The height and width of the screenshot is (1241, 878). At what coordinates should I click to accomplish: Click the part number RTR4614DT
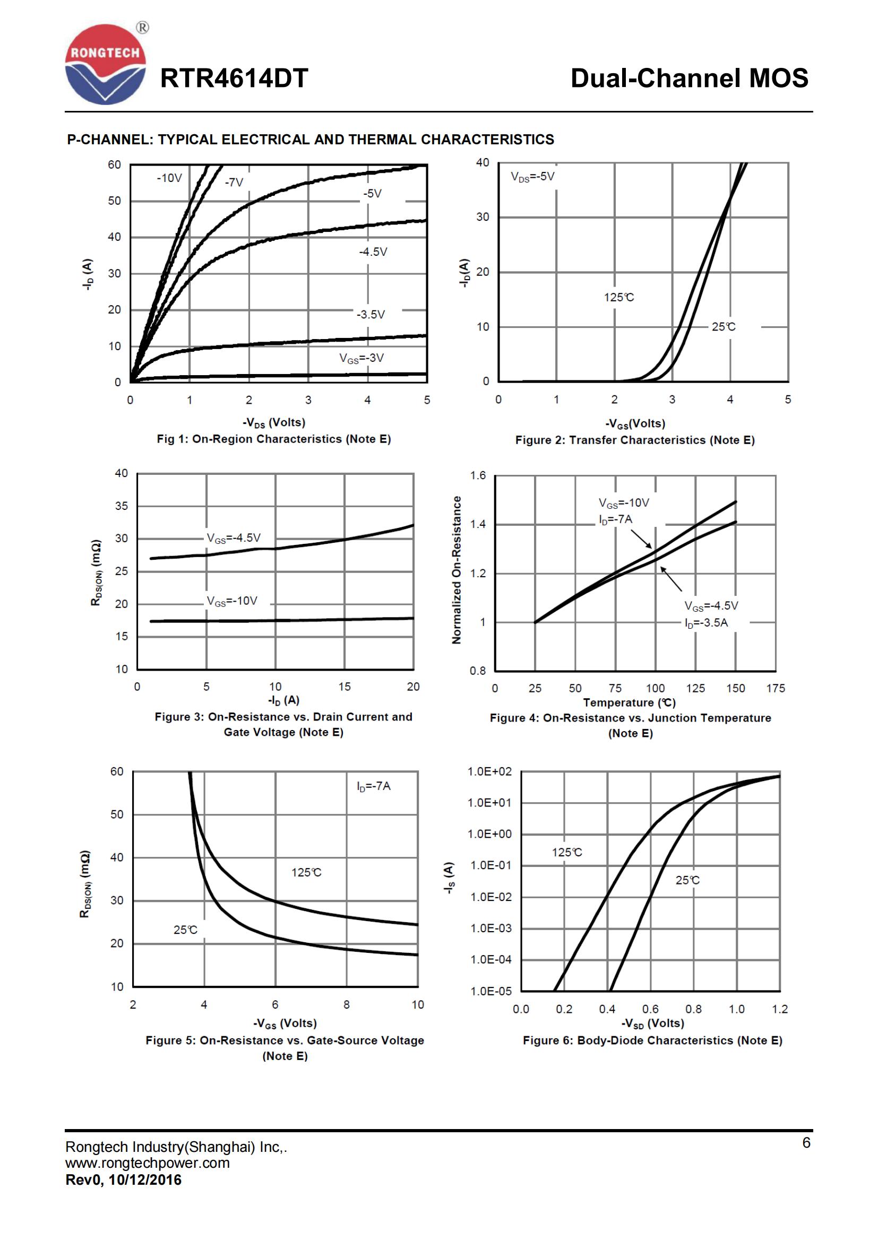pyautogui.click(x=234, y=79)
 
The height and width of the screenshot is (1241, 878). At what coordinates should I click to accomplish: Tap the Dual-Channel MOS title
pyautogui.click(x=689, y=79)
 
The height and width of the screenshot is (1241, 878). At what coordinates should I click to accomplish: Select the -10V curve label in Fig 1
pyautogui.click(x=169, y=178)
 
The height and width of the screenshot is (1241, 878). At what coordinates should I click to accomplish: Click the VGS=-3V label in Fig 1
pyautogui.click(x=361, y=358)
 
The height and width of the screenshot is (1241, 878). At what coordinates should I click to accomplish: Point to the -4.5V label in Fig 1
pyautogui.click(x=373, y=252)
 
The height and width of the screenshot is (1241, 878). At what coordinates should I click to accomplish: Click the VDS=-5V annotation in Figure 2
pyautogui.click(x=532, y=177)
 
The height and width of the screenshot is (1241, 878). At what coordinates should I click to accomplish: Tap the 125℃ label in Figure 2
pyautogui.click(x=618, y=297)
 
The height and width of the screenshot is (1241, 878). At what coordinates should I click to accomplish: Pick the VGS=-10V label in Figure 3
pyautogui.click(x=232, y=601)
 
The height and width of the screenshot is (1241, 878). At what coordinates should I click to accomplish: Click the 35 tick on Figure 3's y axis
pyautogui.click(x=122, y=506)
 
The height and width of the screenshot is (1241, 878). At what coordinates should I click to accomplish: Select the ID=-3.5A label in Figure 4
pyautogui.click(x=706, y=623)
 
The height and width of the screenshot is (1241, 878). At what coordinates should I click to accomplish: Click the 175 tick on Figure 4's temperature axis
pyautogui.click(x=775, y=688)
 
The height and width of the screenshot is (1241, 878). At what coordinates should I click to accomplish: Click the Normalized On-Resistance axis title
pyautogui.click(x=457, y=570)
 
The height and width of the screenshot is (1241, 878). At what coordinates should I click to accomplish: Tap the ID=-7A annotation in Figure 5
pyautogui.click(x=373, y=786)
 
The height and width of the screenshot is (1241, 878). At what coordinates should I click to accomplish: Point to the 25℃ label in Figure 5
pyautogui.click(x=185, y=930)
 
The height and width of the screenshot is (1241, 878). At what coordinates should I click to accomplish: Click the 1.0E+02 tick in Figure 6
pyautogui.click(x=489, y=771)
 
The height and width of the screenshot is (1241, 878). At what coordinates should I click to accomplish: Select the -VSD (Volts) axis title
pyautogui.click(x=652, y=1023)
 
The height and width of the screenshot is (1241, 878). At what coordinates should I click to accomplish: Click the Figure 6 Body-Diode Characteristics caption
pyautogui.click(x=652, y=1040)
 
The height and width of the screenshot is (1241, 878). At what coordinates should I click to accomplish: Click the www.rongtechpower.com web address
pyautogui.click(x=148, y=1162)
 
